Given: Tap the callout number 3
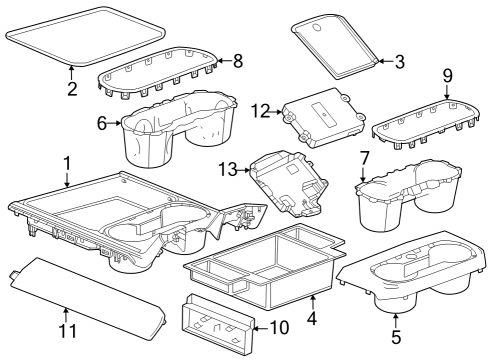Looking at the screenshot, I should point(399,62).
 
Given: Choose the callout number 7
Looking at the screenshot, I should point(365,157).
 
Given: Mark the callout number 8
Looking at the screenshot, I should point(237,61).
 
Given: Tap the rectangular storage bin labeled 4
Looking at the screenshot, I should point(265,265).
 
